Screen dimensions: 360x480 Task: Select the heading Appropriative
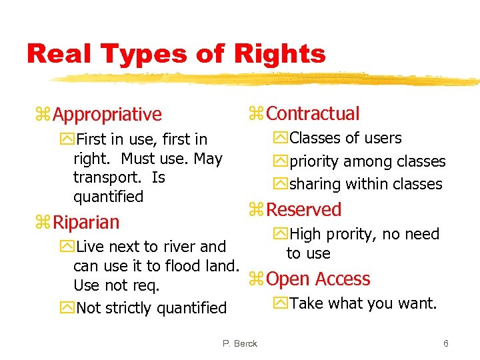107,115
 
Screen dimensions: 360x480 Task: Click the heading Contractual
313,114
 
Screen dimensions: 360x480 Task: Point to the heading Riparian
86,222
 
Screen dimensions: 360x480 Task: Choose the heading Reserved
303,210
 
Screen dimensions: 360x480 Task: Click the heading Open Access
318,279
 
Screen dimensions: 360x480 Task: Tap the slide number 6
445,343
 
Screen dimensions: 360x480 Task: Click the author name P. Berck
240,343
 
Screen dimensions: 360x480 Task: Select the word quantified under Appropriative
108,197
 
